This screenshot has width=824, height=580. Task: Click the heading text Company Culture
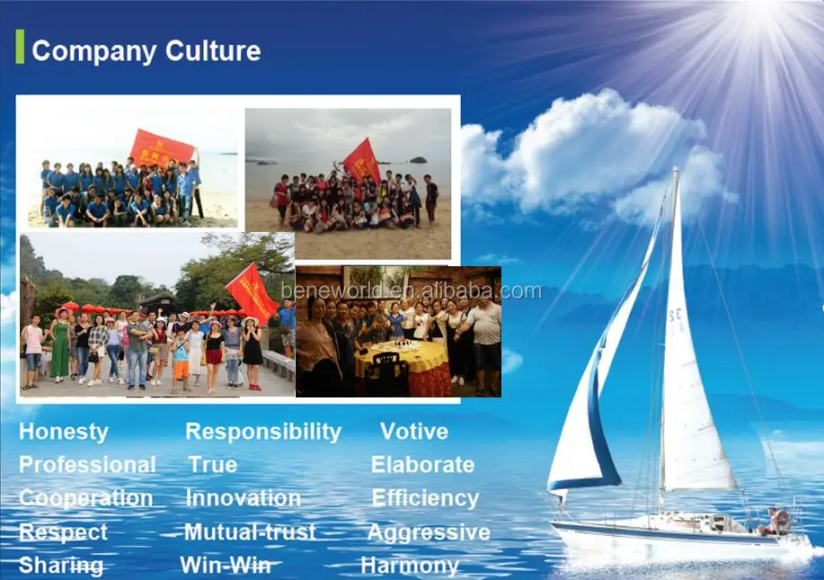click(146, 50)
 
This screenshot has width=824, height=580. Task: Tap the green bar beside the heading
click(20, 47)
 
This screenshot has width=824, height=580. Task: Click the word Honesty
click(63, 432)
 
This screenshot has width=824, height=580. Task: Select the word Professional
click(87, 465)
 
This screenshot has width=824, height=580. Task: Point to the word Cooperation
click(85, 498)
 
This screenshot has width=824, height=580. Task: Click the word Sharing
click(61, 566)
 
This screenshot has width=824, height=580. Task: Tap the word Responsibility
click(262, 432)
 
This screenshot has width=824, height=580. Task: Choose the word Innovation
click(243, 498)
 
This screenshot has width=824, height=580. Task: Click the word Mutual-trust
click(249, 532)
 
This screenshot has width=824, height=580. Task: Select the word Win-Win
click(226, 566)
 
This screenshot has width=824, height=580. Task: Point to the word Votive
click(413, 432)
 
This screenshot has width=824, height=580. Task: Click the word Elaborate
click(422, 465)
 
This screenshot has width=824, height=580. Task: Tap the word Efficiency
click(424, 498)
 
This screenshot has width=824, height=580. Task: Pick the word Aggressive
click(428, 532)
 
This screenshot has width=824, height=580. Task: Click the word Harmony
click(409, 566)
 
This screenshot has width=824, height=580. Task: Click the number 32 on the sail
click(674, 316)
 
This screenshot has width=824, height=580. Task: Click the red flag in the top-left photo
click(162, 147)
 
